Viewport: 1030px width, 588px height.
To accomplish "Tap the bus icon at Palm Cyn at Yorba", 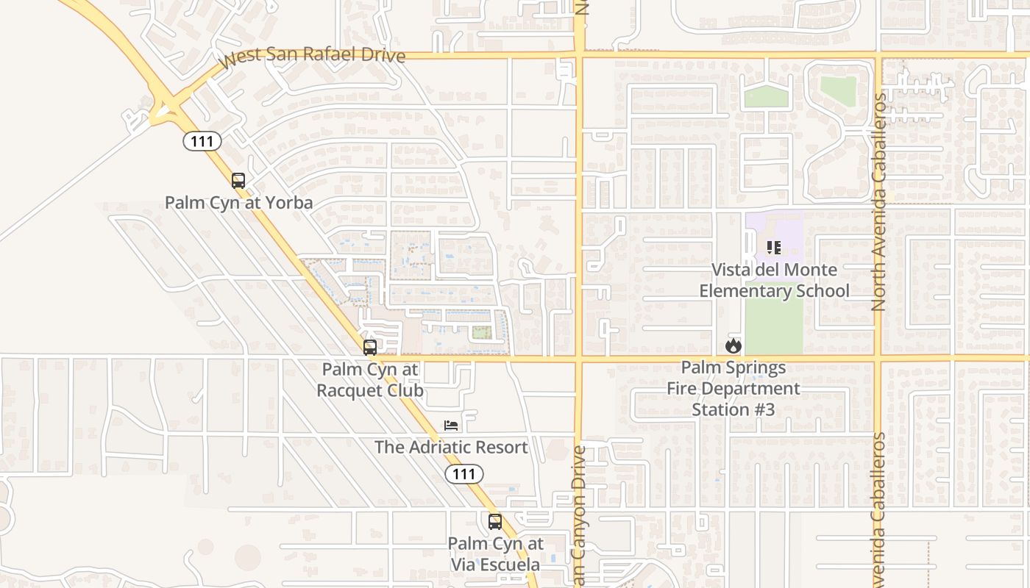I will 238,181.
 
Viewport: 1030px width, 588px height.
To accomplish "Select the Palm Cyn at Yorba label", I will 238,202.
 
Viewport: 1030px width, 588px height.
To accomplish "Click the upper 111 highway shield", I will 202,141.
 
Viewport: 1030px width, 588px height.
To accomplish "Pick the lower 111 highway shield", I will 464,474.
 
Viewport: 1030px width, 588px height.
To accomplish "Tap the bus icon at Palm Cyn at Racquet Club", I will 370,347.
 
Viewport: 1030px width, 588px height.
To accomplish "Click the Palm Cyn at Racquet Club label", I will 370,379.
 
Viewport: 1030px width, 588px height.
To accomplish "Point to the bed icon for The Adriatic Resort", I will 451,426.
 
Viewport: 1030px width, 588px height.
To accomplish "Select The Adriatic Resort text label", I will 451,447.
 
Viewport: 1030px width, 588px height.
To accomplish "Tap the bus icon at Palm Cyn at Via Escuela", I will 495,522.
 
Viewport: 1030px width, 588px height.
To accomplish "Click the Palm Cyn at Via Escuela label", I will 495,554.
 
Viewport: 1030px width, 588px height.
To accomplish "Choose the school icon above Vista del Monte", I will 773,248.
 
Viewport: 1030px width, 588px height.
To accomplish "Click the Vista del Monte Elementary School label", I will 774,280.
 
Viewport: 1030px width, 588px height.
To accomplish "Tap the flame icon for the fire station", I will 733,345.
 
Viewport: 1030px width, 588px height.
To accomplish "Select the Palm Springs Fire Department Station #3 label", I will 734,388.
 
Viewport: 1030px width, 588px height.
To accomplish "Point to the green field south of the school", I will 773,327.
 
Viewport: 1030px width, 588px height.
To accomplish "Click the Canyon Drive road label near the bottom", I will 579,514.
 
